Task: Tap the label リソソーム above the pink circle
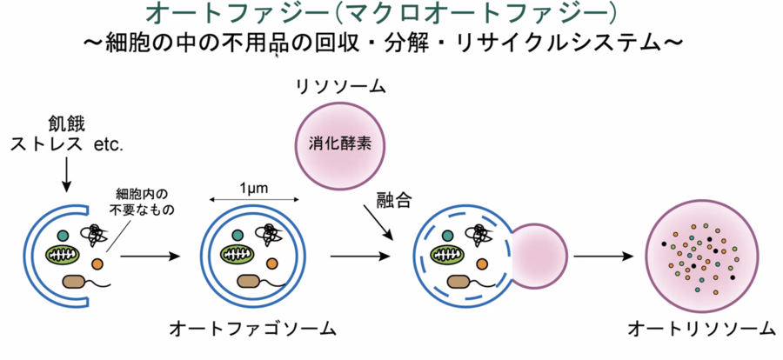(x=340, y=87)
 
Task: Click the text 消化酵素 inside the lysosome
(x=340, y=143)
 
